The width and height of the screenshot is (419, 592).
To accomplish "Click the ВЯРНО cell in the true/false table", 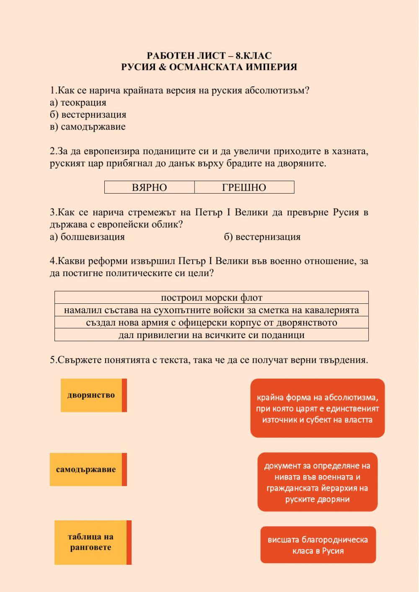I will point(149,187).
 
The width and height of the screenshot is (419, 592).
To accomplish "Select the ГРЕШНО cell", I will point(244,187).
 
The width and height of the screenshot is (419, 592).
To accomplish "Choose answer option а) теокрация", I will point(78,102).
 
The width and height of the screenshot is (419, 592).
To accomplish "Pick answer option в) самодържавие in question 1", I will point(88,127).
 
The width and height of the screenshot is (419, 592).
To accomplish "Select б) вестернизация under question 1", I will point(88,114).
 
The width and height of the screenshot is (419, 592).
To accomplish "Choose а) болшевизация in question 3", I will point(87,237).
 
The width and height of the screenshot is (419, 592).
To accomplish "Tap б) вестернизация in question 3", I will point(262,237).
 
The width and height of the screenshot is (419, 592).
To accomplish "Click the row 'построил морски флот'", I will point(212,297).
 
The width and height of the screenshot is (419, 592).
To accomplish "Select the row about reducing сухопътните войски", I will point(212,310).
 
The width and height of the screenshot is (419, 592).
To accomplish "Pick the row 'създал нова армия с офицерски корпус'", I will point(212,322).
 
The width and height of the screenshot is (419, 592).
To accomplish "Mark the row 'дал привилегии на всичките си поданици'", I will point(212,335).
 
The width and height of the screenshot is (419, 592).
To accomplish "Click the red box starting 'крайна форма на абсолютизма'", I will point(317,408).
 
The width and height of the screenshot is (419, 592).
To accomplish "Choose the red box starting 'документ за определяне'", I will point(317,482).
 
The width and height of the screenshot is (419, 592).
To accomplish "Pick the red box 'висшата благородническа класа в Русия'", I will point(318,545).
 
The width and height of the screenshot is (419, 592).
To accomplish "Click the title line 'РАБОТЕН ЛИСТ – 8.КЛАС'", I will point(209,56).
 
